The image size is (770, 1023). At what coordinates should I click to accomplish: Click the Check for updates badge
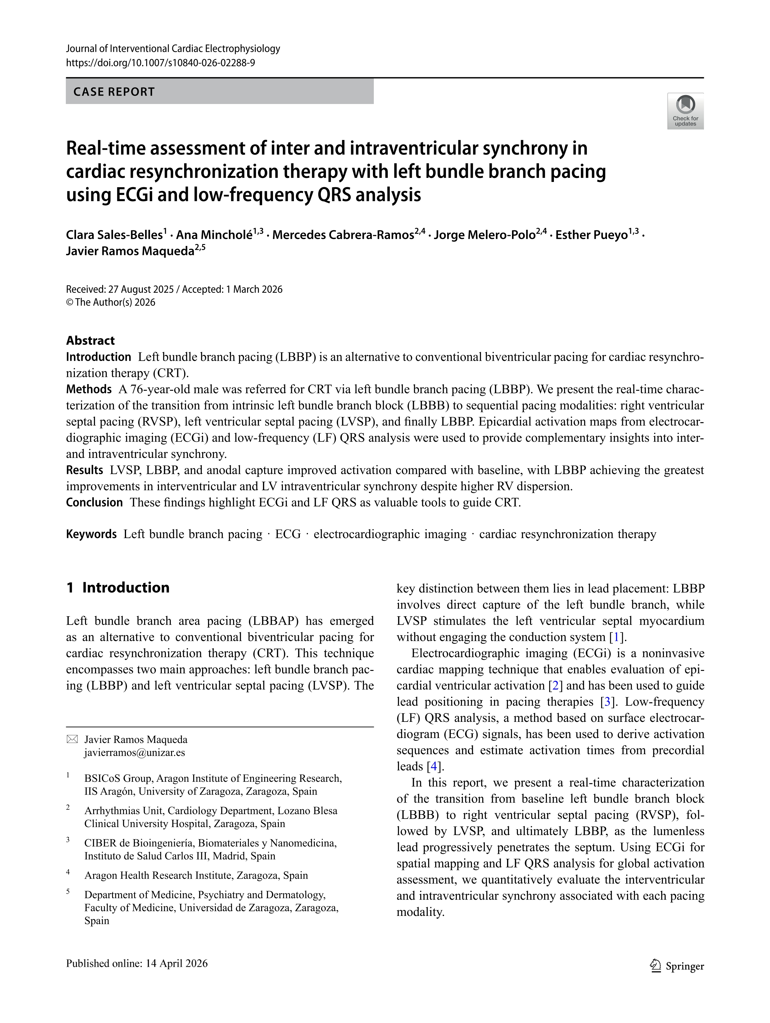685,111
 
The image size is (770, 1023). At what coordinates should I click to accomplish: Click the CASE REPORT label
114,92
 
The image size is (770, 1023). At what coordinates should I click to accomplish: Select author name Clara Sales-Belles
114,235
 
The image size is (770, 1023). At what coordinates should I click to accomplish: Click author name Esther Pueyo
591,235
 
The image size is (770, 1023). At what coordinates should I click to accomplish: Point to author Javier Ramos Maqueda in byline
129,251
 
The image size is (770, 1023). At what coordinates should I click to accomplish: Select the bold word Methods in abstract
89,389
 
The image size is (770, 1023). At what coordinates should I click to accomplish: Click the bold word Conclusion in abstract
94,502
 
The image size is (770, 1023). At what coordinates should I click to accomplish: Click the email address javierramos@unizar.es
134,753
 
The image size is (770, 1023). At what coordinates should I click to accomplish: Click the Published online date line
137,963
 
